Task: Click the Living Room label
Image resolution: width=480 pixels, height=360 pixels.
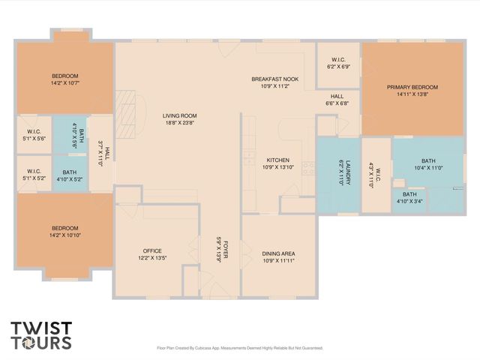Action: [x=179, y=115]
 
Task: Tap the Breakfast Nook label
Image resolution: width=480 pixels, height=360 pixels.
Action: [x=274, y=79]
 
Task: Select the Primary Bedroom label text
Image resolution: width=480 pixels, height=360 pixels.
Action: [x=412, y=88]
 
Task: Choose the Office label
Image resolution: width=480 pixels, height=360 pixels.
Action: [x=152, y=250]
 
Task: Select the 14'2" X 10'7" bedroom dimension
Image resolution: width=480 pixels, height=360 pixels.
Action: [x=65, y=84]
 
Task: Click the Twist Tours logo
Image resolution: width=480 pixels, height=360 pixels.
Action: [x=41, y=335]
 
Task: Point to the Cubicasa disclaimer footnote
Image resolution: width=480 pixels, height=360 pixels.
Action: [x=239, y=348]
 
